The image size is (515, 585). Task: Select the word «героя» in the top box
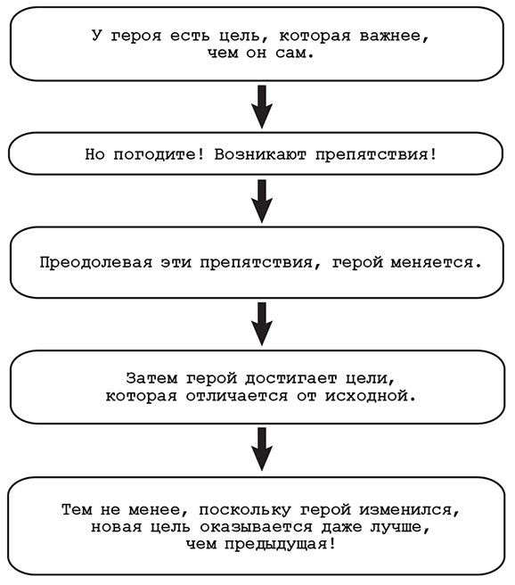coord(136,37)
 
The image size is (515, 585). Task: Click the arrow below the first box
coord(262,107)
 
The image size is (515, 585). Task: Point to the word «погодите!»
coord(159,154)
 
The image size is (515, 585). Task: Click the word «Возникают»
coord(260,153)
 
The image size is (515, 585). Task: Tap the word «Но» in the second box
coord(94,153)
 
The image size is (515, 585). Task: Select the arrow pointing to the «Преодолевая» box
coord(262,202)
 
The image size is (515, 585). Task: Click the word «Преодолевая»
coord(96,262)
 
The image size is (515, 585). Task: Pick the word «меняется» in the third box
coord(431,263)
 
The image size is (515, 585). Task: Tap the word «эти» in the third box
coord(176,263)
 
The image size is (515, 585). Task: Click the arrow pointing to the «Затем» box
coord(262,324)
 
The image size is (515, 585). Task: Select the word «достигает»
coord(291,378)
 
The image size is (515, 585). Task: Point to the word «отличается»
coord(237,395)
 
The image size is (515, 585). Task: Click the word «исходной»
coord(366,395)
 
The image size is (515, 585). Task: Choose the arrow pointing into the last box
coord(262,449)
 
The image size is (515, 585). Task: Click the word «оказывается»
coord(257,527)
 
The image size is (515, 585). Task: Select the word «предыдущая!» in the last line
coord(281,545)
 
